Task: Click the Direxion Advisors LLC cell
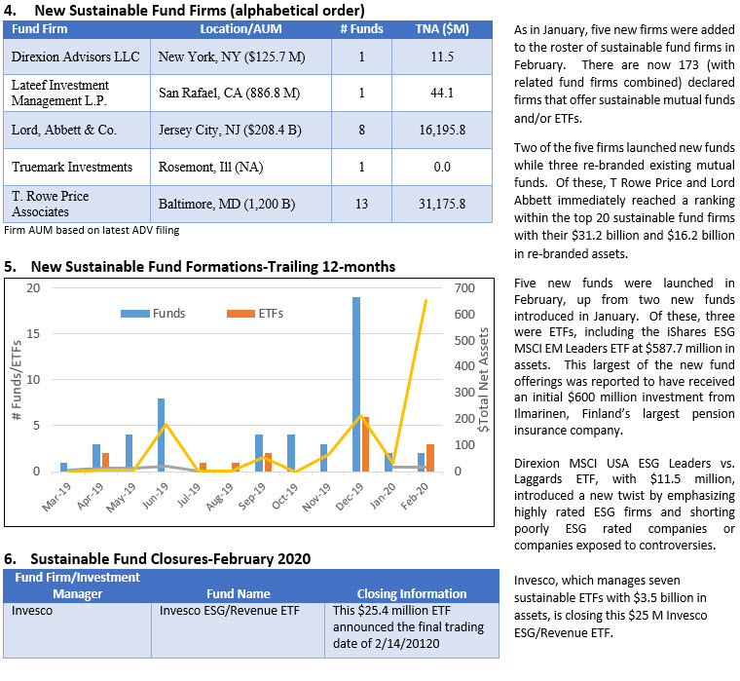coord(76,57)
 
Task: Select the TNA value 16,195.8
coord(442,130)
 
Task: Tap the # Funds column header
coord(361,29)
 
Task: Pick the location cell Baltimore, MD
coord(227,204)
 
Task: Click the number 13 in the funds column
coord(361,204)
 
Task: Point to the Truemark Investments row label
coord(72,168)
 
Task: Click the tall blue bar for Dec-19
coord(356,384)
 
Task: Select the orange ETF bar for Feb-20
coord(430,458)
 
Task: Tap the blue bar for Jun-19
coord(162,435)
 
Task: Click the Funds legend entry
coord(153,314)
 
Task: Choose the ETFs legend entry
coord(255,314)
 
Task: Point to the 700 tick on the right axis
coord(464,288)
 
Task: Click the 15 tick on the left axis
coord(33,334)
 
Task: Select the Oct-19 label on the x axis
coord(284,497)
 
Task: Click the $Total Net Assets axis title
coord(483,380)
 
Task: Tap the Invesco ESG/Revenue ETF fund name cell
coord(230,611)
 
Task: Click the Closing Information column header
coord(412,593)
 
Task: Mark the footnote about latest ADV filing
coord(92,231)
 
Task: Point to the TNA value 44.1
coord(442,93)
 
